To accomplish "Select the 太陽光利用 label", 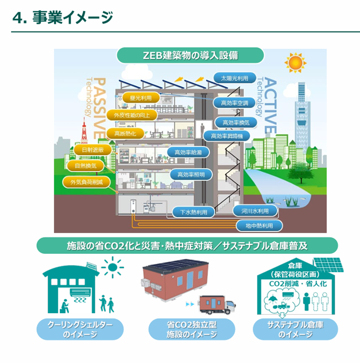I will coord(234,79).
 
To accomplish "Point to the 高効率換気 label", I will coord(236,123).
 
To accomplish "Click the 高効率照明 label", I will coord(191,174).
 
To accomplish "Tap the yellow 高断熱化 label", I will coord(125,133).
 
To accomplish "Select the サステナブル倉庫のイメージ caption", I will coord(295,329).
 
